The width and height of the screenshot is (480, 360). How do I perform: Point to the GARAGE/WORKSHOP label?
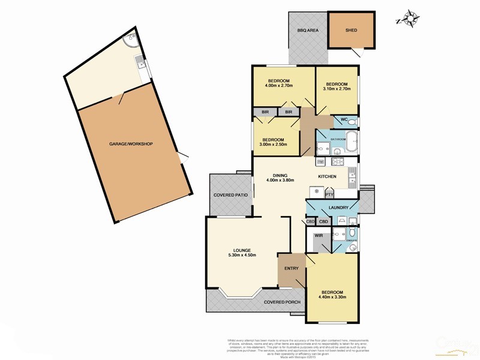click(x=131, y=144)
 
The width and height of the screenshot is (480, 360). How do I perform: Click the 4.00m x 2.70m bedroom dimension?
click(x=279, y=86)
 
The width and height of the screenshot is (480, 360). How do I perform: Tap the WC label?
click(x=344, y=120)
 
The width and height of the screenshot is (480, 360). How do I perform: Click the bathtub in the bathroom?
click(x=351, y=146)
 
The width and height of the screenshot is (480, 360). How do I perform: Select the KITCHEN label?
click(x=327, y=176)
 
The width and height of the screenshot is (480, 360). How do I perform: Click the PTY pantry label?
click(x=329, y=194)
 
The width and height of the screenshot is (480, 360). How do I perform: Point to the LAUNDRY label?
click(x=338, y=208)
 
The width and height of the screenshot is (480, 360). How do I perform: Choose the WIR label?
click(x=319, y=236)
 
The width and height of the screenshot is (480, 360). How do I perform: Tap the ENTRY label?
click(x=292, y=268)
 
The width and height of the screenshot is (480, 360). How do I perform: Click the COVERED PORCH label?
click(x=283, y=302)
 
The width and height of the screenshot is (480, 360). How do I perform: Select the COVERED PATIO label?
click(x=231, y=196)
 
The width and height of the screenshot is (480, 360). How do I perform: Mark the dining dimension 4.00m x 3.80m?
click(x=281, y=180)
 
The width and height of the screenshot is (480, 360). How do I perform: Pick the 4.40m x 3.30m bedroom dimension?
click(x=332, y=296)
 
